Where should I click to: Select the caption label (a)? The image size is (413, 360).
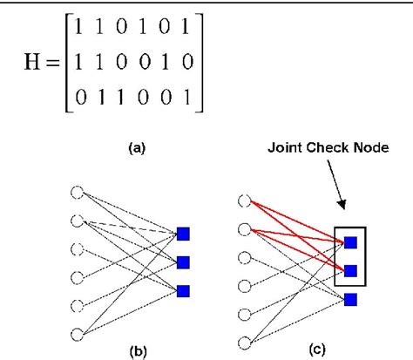pyautogui.click(x=137, y=149)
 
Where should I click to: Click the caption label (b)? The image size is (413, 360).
pyautogui.click(x=136, y=353)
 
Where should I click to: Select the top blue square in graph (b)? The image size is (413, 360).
pyautogui.click(x=183, y=234)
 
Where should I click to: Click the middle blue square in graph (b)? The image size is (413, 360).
pyautogui.click(x=183, y=262)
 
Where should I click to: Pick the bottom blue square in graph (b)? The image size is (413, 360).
pyautogui.click(x=183, y=290)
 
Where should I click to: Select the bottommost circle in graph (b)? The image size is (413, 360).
pyautogui.click(x=78, y=333)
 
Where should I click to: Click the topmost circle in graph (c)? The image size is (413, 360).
pyautogui.click(x=244, y=203)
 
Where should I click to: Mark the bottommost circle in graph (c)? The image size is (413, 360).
pyautogui.click(x=244, y=342)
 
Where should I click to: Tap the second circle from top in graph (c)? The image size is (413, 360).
pyautogui.click(x=244, y=231)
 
